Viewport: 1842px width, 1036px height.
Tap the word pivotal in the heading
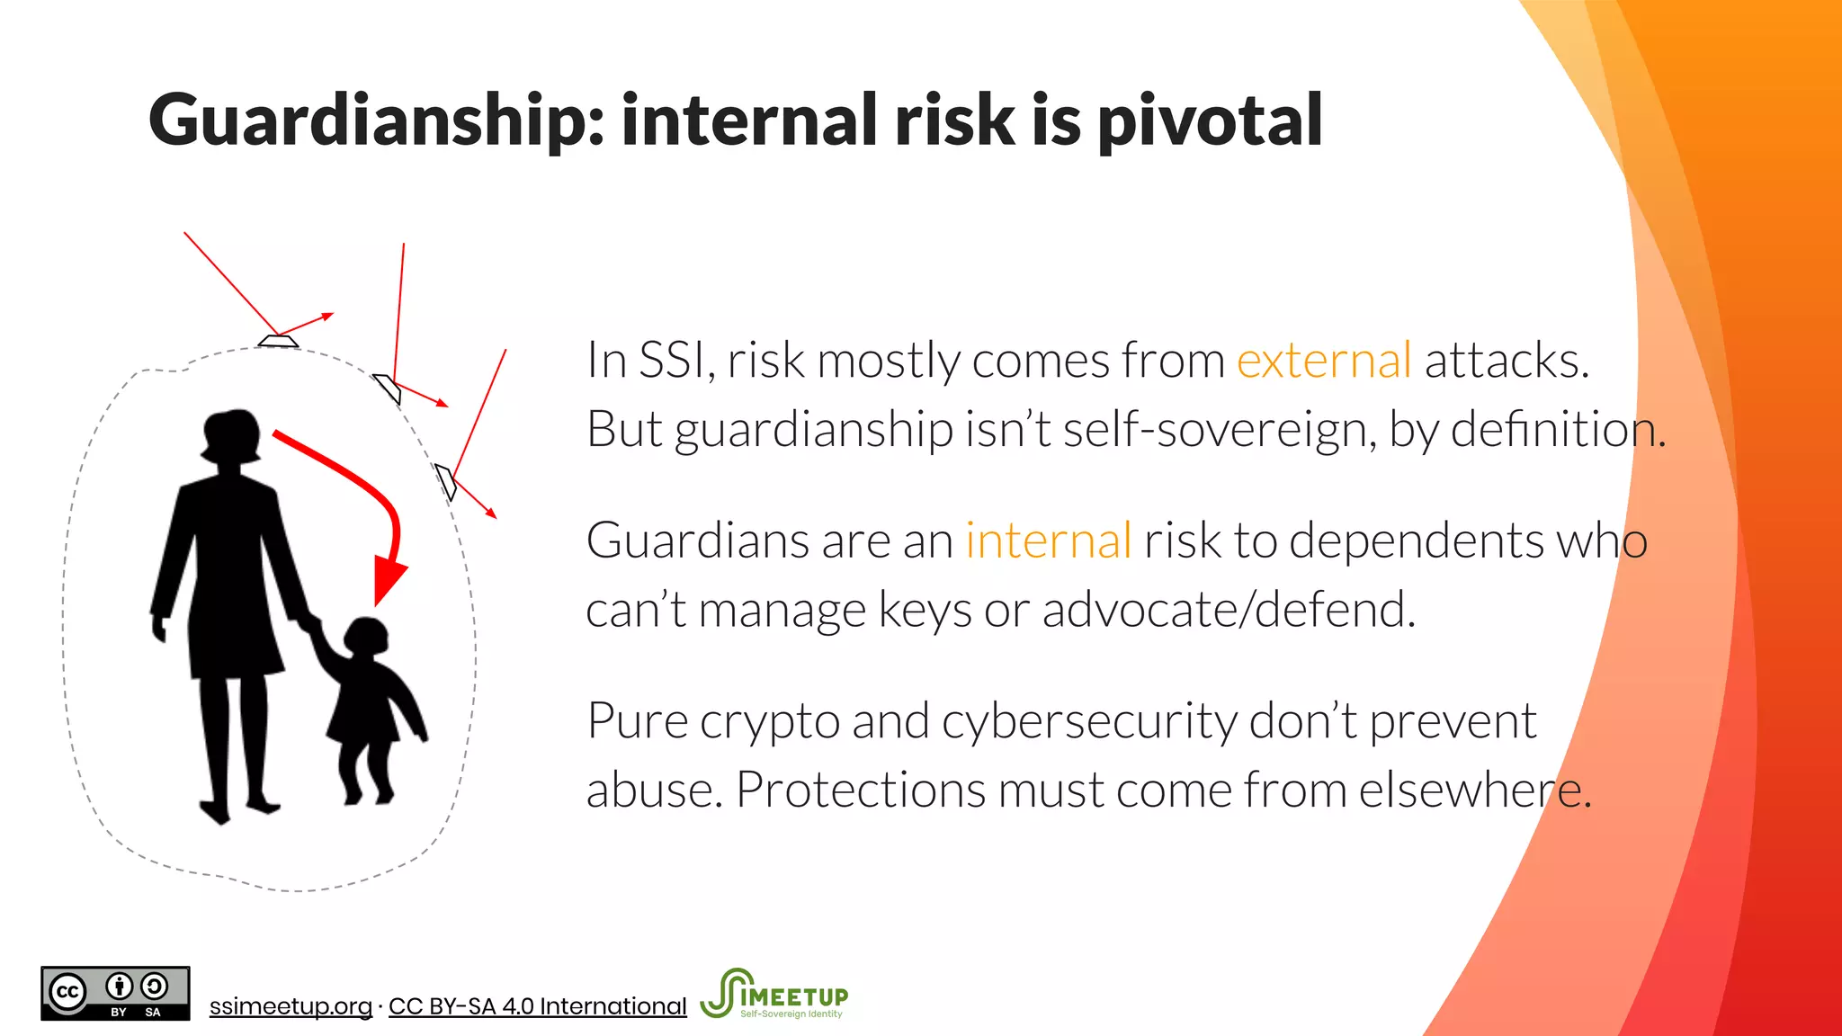click(x=1210, y=121)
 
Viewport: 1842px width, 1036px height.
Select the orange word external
click(x=1324, y=361)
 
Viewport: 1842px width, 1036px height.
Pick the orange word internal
click(x=1048, y=541)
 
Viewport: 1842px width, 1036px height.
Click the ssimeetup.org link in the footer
click(x=291, y=1006)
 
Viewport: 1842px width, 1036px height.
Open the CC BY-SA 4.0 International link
click(x=537, y=1006)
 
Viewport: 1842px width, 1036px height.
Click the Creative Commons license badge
click(x=115, y=994)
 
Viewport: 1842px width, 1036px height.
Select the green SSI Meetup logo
click(x=774, y=994)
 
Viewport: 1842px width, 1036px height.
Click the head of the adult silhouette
click(x=231, y=436)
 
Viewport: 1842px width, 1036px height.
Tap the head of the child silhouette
click(x=366, y=637)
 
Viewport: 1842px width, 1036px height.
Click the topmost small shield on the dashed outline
click(x=278, y=341)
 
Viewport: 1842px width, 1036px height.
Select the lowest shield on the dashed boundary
click(x=446, y=481)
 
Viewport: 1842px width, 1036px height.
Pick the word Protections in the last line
click(x=861, y=790)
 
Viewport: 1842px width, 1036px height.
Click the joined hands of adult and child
click(x=310, y=622)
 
